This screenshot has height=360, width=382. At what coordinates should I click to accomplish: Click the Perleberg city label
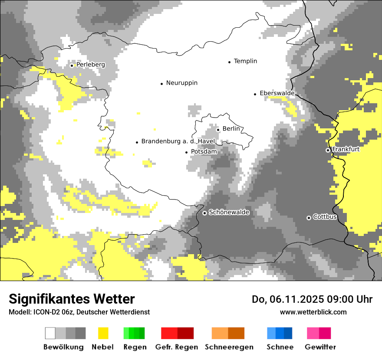coord(90,65)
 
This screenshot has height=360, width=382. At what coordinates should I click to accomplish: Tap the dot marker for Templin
coord(229,62)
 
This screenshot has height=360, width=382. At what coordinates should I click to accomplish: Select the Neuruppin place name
coord(181,83)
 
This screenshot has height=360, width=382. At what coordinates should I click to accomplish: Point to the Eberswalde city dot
coord(255,94)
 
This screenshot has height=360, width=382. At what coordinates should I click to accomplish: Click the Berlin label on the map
coord(231,129)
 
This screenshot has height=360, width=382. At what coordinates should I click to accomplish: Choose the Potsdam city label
coord(204,152)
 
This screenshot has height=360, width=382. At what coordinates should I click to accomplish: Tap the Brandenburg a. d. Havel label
coord(178,141)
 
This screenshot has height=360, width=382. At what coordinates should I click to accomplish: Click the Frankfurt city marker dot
coord(328,150)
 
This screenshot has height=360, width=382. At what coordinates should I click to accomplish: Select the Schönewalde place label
coord(229,213)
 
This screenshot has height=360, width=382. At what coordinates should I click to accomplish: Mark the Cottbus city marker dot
coord(309,218)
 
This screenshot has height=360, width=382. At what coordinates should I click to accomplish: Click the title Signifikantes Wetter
coord(72,299)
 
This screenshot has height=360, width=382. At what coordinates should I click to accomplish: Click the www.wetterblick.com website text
coord(313,312)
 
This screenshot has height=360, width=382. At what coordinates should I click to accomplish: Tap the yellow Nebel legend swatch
coord(103,333)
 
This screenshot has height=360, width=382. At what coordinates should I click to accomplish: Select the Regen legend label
coord(134,347)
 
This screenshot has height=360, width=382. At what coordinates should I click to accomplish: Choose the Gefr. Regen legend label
coord(177,347)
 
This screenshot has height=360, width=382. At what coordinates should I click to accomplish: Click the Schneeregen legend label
coord(229,347)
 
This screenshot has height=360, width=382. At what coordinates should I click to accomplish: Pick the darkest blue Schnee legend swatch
coord(288,333)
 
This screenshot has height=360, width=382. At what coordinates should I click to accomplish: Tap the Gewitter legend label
coord(320,347)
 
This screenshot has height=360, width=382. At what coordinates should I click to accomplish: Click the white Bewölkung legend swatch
coord(50,333)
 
